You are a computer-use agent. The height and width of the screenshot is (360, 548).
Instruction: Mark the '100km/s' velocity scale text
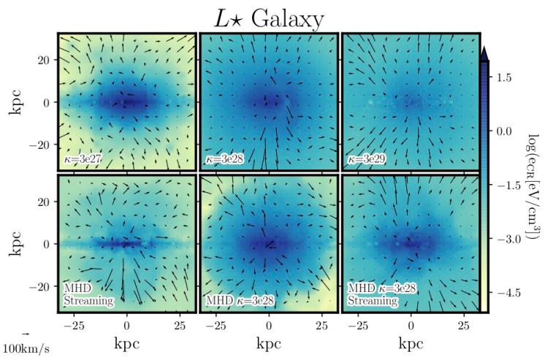pyautogui.click(x=25, y=348)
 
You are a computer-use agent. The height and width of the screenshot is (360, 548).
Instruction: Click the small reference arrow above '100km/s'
pyautogui.click(x=25, y=334)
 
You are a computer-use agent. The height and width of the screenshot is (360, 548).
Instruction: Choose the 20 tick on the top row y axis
pyautogui.click(x=45, y=59)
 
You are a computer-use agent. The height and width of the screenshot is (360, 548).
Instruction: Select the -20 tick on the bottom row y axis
pyautogui.click(x=41, y=287)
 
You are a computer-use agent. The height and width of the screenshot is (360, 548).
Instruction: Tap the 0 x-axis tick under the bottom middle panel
pyautogui.click(x=270, y=323)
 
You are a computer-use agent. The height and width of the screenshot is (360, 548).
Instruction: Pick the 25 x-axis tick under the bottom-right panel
pyautogui.click(x=463, y=323)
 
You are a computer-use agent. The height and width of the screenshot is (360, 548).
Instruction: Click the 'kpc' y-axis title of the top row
pyautogui.click(x=15, y=102)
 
